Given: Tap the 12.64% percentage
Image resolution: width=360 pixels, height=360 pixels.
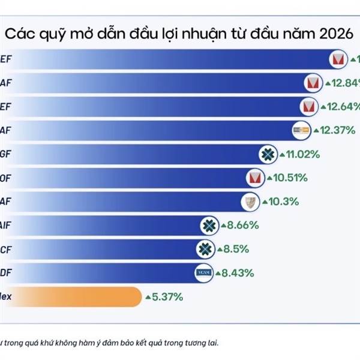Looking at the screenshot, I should [x=343, y=107].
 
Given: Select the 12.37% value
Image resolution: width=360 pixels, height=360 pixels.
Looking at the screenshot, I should [x=340, y=130].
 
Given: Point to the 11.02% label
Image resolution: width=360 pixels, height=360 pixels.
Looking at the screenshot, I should [x=303, y=154].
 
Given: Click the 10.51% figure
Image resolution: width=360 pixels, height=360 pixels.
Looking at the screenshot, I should [x=290, y=178].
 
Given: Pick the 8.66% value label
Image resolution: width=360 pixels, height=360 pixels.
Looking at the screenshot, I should [x=242, y=226].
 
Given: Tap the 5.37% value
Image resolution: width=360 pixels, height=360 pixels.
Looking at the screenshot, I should [x=167, y=296].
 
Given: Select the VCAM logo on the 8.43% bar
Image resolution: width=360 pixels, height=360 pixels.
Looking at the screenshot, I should [x=205, y=272].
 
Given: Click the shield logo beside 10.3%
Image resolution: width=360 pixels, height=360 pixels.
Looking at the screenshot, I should [x=250, y=202].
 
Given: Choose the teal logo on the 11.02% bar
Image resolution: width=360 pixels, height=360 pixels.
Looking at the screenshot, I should [x=267, y=154].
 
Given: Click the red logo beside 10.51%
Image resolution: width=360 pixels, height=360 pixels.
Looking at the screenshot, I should [x=255, y=178].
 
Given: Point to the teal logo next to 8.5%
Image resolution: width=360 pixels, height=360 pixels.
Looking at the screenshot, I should [x=205, y=249].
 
